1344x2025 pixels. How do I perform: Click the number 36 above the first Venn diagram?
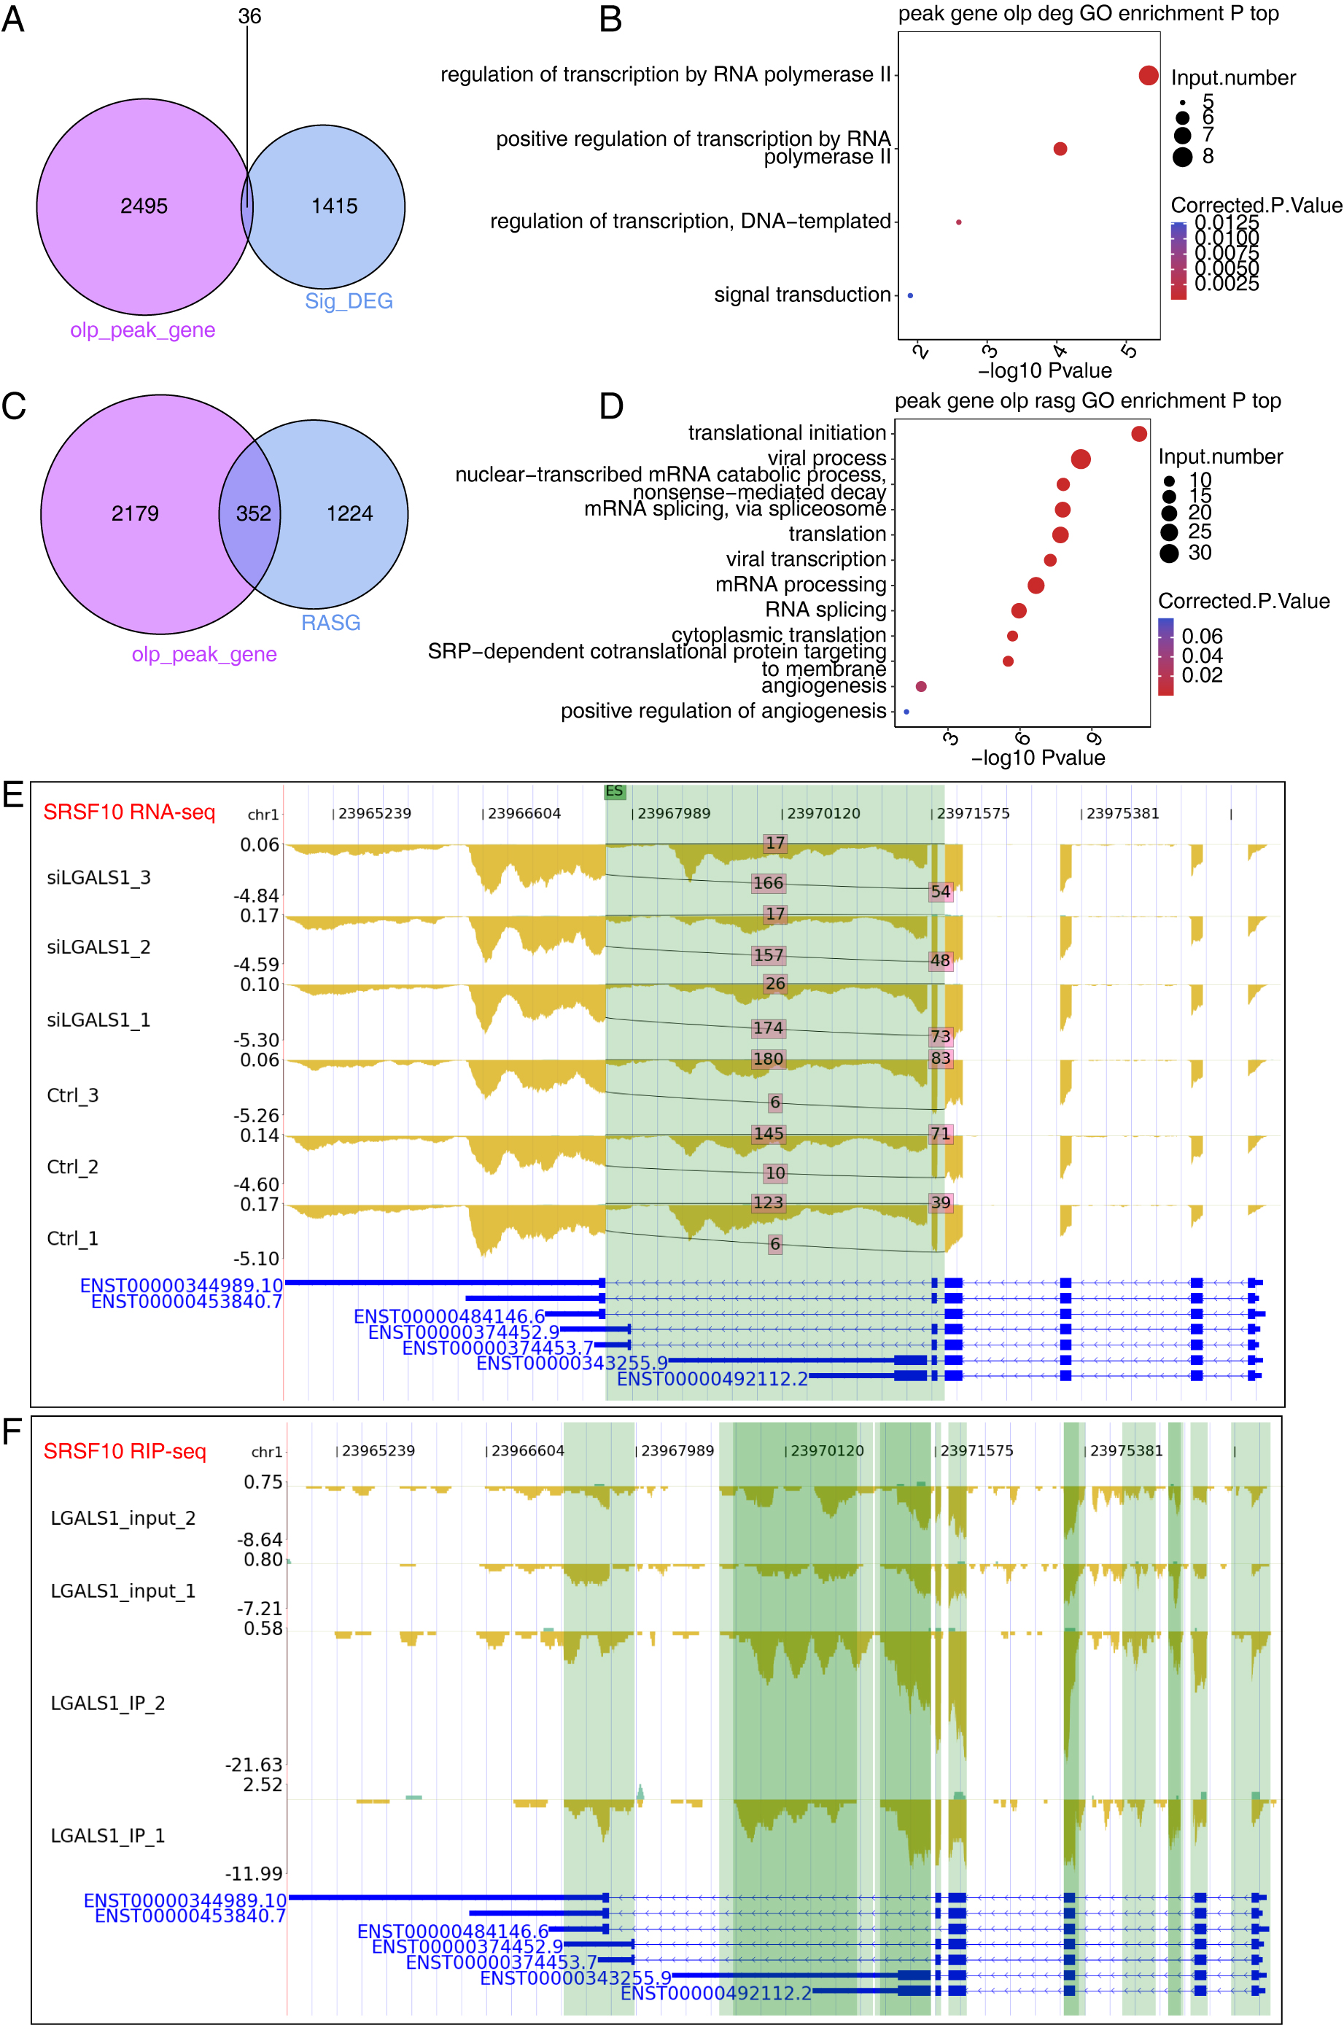pos(249,16)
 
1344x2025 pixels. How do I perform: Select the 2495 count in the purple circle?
pos(144,206)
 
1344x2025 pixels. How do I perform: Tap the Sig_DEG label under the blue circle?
pos(349,300)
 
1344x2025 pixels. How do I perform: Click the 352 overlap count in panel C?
pos(254,513)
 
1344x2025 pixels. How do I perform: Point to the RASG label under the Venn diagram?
pos(331,622)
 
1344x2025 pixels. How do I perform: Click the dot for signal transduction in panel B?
pos(910,295)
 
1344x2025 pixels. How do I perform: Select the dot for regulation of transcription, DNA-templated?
pos(958,222)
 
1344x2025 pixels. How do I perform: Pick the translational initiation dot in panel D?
pos(1138,434)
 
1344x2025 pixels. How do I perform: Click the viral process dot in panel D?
pos(1081,459)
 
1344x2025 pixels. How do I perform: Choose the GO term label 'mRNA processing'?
pos(801,584)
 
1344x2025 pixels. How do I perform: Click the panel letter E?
pos(13,794)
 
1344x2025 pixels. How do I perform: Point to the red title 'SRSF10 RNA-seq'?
pos(129,812)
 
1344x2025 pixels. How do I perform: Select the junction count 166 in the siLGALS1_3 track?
pos(768,882)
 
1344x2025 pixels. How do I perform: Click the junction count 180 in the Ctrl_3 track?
pos(768,1058)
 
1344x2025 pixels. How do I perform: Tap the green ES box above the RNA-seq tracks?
pos(615,791)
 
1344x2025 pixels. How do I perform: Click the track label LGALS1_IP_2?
pos(108,1703)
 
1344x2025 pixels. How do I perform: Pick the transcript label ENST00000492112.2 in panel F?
pos(715,1994)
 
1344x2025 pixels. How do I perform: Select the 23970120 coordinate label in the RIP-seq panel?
pos(827,1451)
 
